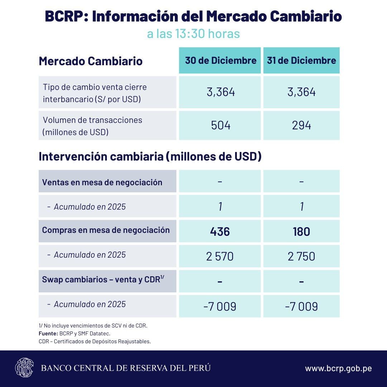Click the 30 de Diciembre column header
[220, 60]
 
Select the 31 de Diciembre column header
[301, 60]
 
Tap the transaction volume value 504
[220, 125]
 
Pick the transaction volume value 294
[301, 125]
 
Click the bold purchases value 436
[220, 231]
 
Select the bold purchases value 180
[301, 231]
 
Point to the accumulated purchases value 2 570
[220, 256]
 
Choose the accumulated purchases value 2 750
[301, 256]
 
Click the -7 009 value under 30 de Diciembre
[220, 306]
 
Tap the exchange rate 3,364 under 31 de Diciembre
[301, 92]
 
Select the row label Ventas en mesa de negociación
[102, 182]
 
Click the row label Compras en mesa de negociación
[106, 230]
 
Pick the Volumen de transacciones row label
[92, 125]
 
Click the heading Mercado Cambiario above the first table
[91, 61]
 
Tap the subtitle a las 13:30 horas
[193, 34]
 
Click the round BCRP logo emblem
[24, 368]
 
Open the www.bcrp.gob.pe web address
[338, 368]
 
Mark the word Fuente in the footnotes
[48, 334]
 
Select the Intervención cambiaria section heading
[150, 157]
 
